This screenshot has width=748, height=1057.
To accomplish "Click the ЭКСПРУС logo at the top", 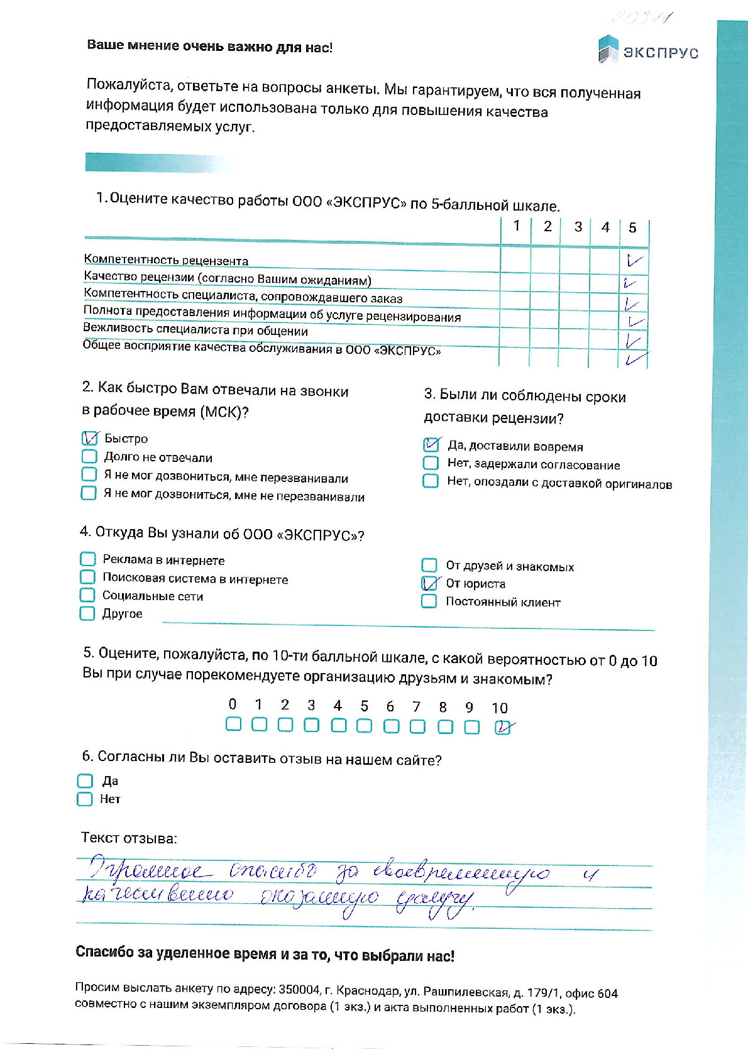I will [647, 50].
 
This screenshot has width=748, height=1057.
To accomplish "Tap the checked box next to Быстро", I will [90, 438].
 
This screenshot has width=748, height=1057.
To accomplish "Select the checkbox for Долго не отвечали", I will [89, 456].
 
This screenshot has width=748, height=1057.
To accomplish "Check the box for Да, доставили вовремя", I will [431, 445].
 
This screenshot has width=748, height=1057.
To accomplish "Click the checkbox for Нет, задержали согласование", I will [431, 463].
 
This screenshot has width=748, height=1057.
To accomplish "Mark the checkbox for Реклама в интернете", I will [87, 559].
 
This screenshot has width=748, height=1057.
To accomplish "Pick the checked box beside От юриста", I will [429, 583].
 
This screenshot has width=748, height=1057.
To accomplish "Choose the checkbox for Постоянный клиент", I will [429, 601].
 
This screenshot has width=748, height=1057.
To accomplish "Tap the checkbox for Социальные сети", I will [87, 595].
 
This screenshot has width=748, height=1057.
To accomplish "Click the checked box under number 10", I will [502, 727].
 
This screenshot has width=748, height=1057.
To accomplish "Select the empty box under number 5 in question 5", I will [364, 726].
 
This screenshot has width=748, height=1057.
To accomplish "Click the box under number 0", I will [233, 725].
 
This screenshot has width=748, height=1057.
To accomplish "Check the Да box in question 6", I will [85, 780].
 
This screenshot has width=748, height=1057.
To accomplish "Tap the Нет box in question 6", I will [84, 799].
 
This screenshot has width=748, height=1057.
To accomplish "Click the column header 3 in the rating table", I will [578, 227].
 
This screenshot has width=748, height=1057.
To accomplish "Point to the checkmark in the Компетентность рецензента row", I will [634, 260].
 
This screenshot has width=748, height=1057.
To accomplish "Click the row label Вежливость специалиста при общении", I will [195, 329].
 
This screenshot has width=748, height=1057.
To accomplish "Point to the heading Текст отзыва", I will [129, 838].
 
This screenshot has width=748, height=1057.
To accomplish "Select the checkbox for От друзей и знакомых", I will [429, 565].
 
